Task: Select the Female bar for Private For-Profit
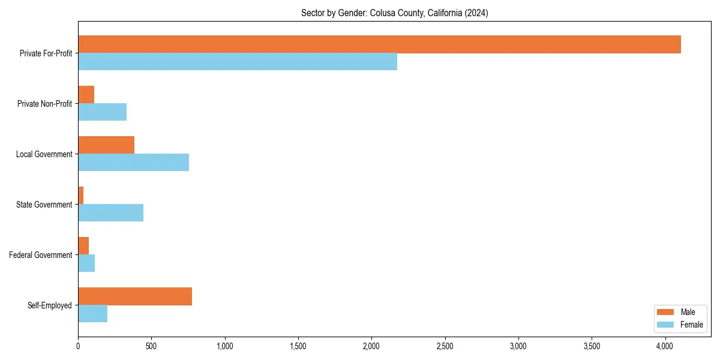(x=238, y=62)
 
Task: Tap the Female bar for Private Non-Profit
(x=102, y=112)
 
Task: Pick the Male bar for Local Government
(x=106, y=145)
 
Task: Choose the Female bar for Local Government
(x=133, y=163)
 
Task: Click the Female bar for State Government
(x=110, y=213)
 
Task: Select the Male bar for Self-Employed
(x=135, y=296)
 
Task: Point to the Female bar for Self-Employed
(x=92, y=314)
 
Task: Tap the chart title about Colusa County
(x=394, y=13)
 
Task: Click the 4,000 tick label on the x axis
(x=665, y=346)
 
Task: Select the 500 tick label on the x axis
(x=151, y=346)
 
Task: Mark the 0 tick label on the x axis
(x=78, y=346)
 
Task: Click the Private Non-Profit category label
(x=44, y=104)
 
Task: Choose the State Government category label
(x=44, y=205)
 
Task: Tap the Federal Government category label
(x=41, y=255)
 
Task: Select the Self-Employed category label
(x=50, y=305)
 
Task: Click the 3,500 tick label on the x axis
(x=592, y=346)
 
